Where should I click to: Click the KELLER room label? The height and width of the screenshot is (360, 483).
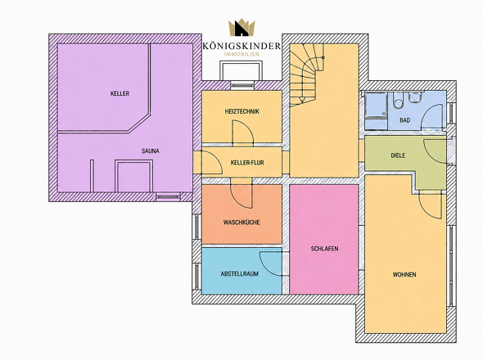coord(120,93)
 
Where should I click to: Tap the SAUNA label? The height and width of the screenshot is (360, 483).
coord(151,151)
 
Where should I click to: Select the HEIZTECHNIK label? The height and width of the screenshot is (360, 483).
coord(242,111)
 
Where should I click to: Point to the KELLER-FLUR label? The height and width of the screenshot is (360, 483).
coord(247,163)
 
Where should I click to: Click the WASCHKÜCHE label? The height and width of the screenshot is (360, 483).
coord(241,223)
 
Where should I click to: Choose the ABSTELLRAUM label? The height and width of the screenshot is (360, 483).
coord(240,274)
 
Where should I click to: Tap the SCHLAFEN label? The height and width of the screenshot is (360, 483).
coord(325,249)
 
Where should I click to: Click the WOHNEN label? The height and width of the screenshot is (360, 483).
coord(404,274)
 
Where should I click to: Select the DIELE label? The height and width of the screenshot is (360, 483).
coord(398,155)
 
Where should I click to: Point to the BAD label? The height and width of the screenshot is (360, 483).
coord(405,120)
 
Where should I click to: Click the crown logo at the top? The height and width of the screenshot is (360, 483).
coord(241,27)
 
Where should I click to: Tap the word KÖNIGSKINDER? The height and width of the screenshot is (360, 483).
coord(241,46)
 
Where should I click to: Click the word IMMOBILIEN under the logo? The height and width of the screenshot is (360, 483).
coord(241,54)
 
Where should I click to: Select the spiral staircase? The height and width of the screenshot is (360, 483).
coord(306,74)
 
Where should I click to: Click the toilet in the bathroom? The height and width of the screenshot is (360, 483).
coord(398,101)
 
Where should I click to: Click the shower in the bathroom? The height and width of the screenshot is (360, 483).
coord(376,111)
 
